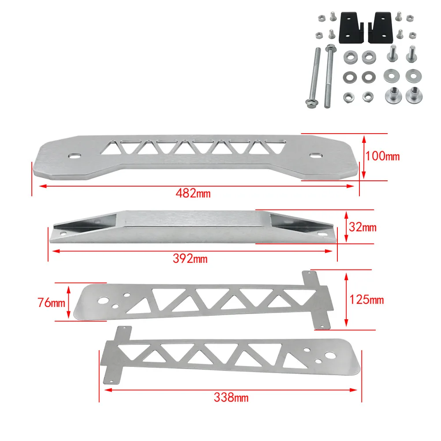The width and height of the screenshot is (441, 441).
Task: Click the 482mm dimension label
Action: pyautogui.click(x=193, y=193)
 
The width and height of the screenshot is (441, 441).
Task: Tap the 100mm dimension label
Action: pyautogui.click(x=382, y=156)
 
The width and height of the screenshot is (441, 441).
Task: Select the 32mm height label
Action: pyautogui.click(x=363, y=227)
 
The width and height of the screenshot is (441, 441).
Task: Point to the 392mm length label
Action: pyautogui.click(x=190, y=258)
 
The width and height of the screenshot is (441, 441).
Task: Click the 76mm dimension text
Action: pyautogui.click(x=51, y=303)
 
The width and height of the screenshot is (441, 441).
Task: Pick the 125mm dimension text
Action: pyautogui.click(x=366, y=299)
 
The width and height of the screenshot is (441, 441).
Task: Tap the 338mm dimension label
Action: pyautogui.click(x=231, y=397)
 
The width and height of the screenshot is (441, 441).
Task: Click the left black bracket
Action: pyautogui.click(x=351, y=27)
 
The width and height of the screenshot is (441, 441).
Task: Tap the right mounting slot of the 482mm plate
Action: pyautogui.click(x=315, y=155)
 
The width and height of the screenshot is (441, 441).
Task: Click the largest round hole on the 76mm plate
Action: pyautogui.click(x=102, y=301)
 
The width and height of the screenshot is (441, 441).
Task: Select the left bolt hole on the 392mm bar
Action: pyautogui.click(x=64, y=233)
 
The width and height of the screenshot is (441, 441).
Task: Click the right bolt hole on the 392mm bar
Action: pyautogui.click(x=321, y=234)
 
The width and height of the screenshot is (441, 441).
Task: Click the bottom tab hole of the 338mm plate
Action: pyautogui.click(x=112, y=381)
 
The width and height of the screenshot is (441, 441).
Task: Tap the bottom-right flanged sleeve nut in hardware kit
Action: pyautogui.click(x=414, y=95)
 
